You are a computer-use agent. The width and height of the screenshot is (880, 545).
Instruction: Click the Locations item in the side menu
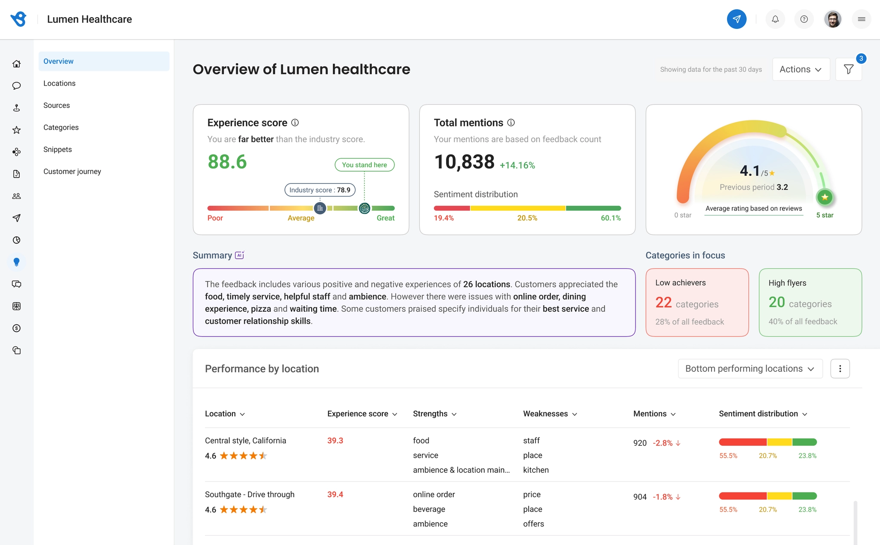(59, 83)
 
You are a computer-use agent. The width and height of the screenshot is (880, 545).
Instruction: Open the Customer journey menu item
(72, 171)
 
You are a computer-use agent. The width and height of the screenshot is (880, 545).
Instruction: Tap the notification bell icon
(775, 19)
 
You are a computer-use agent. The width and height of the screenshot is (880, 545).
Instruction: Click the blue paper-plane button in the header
(736, 19)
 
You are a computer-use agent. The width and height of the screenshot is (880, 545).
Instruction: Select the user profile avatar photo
(833, 19)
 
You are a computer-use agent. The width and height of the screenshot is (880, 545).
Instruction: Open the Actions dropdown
(801, 69)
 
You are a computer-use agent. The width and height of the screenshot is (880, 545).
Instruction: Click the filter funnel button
(849, 69)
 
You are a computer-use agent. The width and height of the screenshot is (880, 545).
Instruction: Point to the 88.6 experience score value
(227, 162)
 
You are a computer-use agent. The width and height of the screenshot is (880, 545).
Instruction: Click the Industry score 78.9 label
(320, 190)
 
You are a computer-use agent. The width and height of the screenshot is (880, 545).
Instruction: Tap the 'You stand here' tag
(364, 165)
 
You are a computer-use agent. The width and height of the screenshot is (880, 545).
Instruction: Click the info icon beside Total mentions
(511, 122)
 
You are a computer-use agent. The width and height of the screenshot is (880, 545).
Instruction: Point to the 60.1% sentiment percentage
(611, 218)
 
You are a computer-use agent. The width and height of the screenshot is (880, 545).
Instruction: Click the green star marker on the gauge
(825, 197)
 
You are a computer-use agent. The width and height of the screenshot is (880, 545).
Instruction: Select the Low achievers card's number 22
(663, 303)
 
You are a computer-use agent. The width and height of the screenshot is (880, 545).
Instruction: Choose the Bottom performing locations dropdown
(750, 369)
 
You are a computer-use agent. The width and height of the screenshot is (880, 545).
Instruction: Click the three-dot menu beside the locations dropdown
(840, 369)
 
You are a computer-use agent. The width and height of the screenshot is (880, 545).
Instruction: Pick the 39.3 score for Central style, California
(335, 441)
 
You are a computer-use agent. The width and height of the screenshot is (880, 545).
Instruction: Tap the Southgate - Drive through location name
(250, 494)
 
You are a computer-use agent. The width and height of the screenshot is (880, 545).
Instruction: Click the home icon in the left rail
(16, 64)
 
